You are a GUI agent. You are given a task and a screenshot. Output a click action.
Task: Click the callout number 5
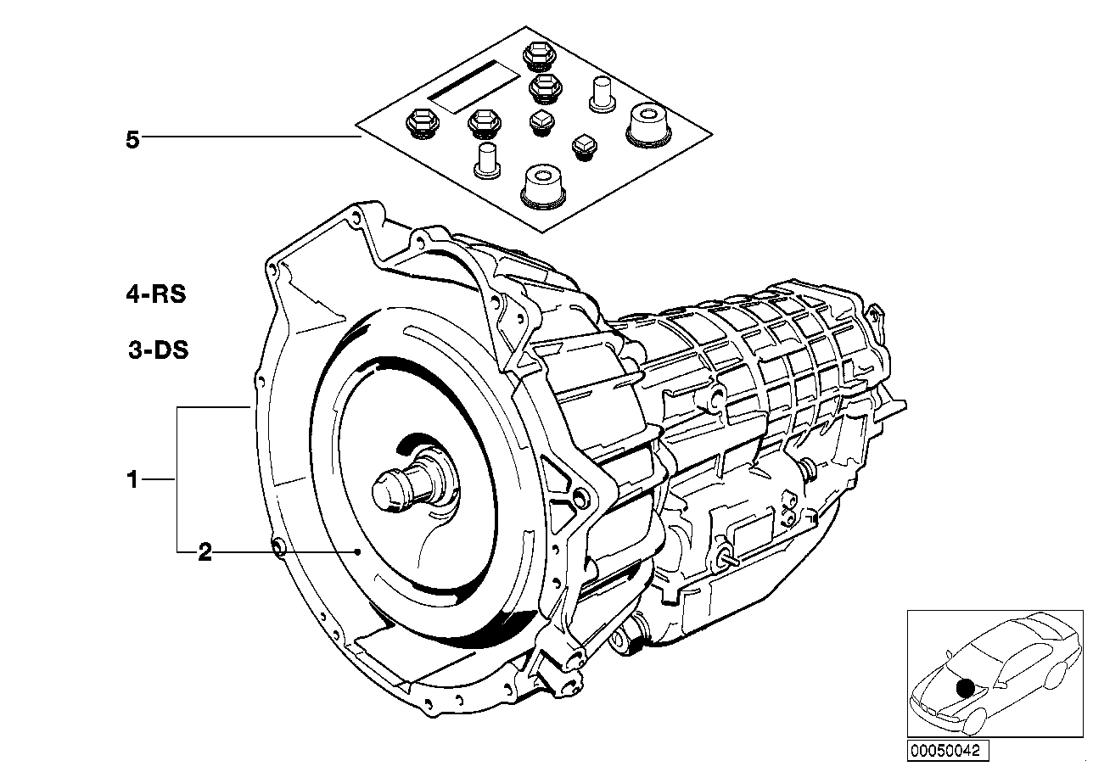click(x=132, y=140)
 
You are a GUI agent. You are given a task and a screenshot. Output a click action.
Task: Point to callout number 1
click(x=132, y=480)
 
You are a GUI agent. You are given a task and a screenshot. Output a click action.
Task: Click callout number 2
click(x=204, y=553)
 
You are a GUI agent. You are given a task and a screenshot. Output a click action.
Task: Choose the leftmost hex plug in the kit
click(x=420, y=123)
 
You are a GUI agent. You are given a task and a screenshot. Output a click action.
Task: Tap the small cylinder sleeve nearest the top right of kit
click(x=602, y=92)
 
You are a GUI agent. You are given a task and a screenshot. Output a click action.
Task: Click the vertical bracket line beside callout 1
click(x=177, y=479)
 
